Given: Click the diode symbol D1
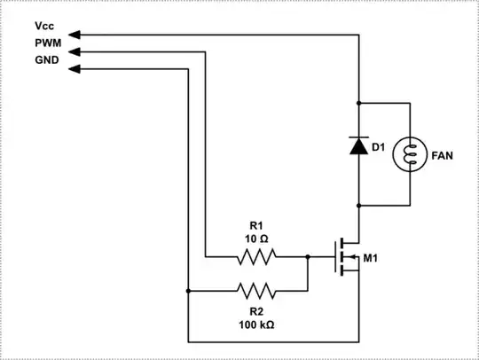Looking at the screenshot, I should click(358, 145).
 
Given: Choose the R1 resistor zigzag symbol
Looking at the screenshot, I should click(256, 258).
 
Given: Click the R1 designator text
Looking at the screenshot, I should click(256, 225).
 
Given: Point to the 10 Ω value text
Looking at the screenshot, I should click(256, 239).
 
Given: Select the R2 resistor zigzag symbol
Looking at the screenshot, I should click(256, 290).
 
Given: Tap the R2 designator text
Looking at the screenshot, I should click(256, 311).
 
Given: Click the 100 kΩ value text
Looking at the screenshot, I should click(256, 325).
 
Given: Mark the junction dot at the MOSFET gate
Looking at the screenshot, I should click(307, 258).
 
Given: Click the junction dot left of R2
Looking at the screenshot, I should click(188, 290).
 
